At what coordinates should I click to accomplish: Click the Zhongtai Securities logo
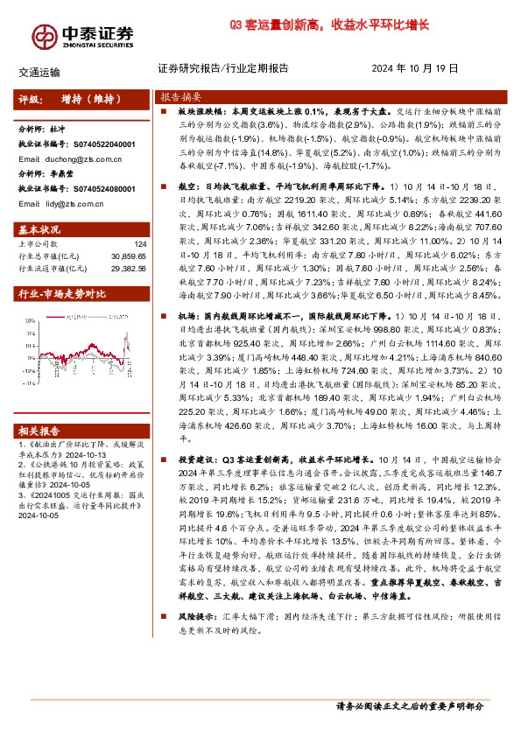pyautogui.click(x=84, y=34)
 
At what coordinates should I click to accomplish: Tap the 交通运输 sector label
pyautogui.click(x=39, y=70)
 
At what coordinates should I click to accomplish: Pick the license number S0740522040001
pyautogui.click(x=103, y=144)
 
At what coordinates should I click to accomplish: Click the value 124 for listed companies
pyautogui.click(x=140, y=244)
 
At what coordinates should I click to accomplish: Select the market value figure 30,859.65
pyautogui.click(x=127, y=256)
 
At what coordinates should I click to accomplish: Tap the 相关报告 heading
pyautogui.click(x=39, y=431)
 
